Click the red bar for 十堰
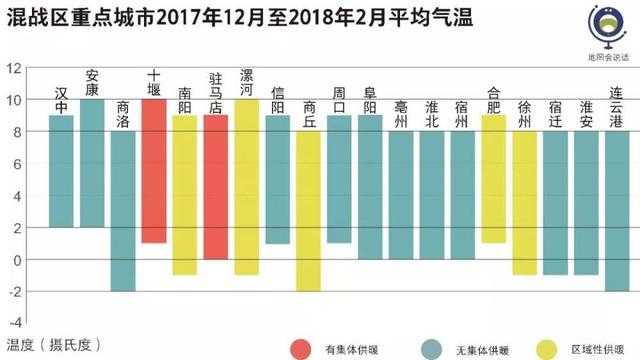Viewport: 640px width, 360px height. coord(153,171)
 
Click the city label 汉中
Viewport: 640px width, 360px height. coord(62,99)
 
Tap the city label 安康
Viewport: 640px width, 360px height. coord(92,83)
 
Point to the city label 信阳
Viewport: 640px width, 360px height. coord(278,99)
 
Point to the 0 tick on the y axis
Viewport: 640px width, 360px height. coord(16,259)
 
